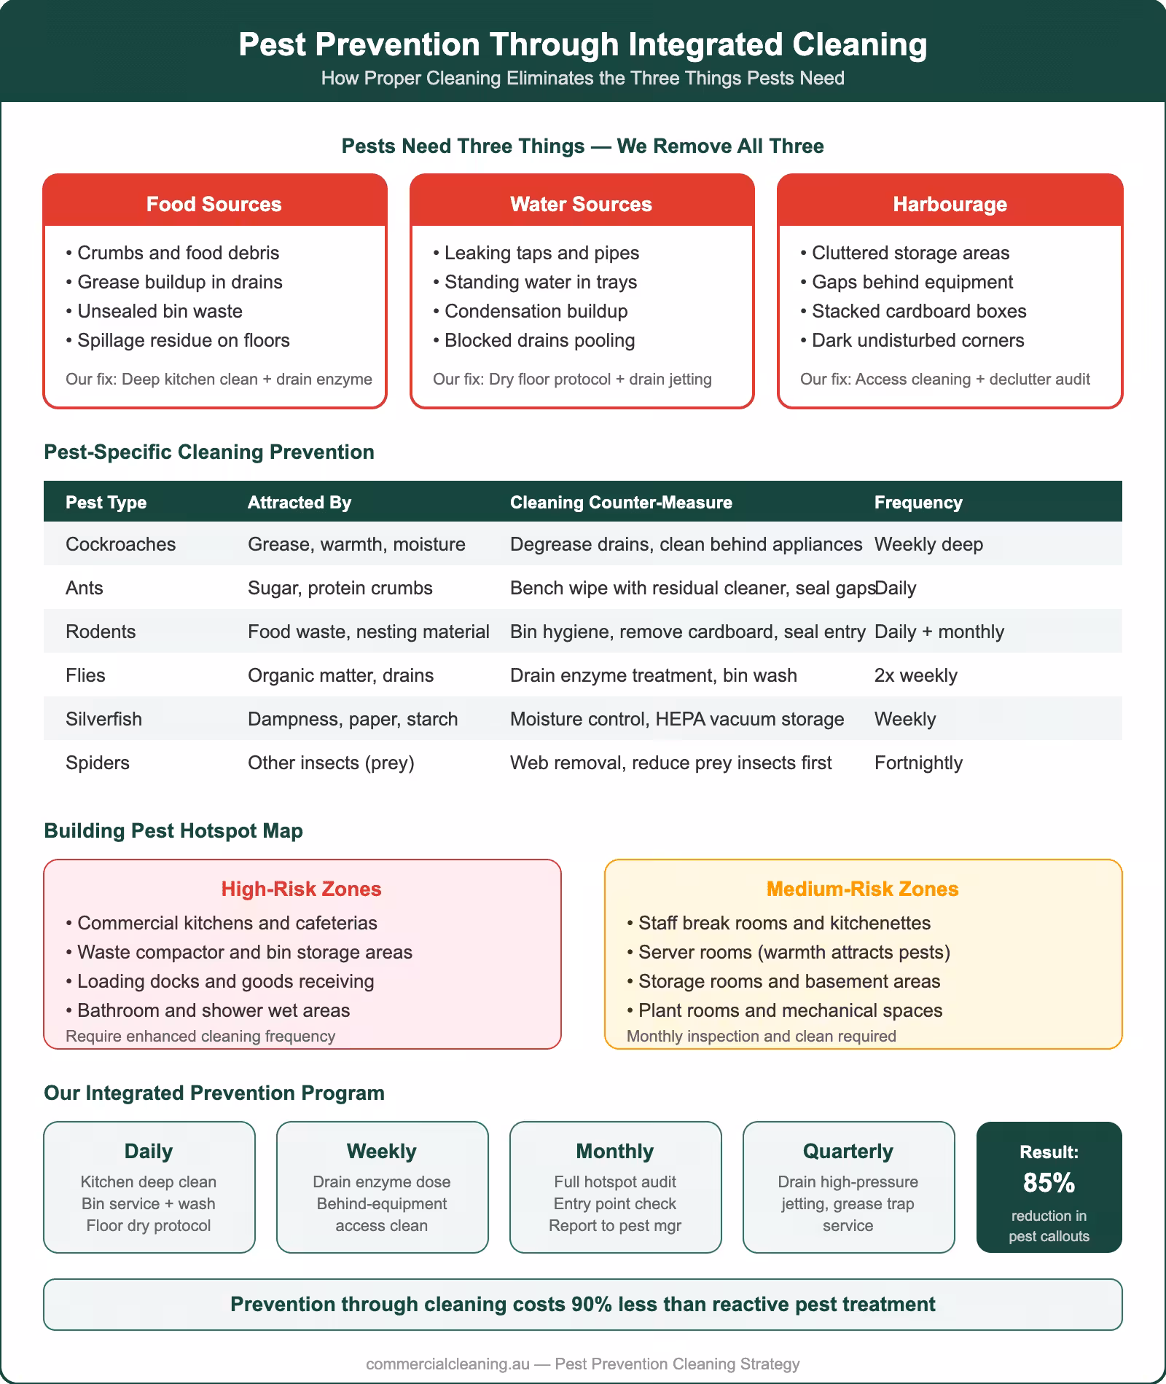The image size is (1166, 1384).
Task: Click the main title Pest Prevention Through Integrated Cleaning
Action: click(x=582, y=44)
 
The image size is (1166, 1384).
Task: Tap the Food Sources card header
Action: click(x=214, y=204)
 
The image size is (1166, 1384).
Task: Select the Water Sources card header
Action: click(x=581, y=204)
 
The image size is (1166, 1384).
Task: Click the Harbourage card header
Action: click(x=950, y=204)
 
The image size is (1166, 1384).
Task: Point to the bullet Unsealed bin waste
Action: click(x=160, y=311)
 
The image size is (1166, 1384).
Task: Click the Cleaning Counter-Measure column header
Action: click(x=621, y=503)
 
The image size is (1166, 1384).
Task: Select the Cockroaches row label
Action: click(x=120, y=544)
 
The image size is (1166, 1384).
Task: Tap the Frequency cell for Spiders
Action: click(x=918, y=763)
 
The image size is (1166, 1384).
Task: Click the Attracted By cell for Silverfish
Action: click(x=353, y=719)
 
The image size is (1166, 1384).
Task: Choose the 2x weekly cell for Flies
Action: click(x=915, y=675)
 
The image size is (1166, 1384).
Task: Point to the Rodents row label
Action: click(x=101, y=632)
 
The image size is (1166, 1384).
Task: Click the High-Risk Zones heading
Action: click(x=301, y=889)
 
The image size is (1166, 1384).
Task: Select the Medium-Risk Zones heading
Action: click(x=862, y=889)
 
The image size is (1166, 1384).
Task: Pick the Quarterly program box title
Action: click(x=848, y=1151)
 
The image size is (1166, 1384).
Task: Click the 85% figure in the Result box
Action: click(x=1049, y=1183)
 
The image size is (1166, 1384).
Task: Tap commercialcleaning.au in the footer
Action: click(x=447, y=1364)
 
